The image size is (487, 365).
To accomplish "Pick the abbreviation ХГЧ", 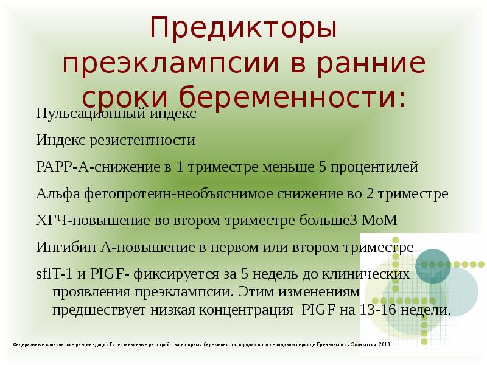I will pyautogui.click(x=49, y=220).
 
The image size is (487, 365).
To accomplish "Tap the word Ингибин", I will pyautogui.click(x=60, y=247).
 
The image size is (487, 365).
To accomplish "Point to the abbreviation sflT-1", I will pyautogui.click(x=53, y=274).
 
